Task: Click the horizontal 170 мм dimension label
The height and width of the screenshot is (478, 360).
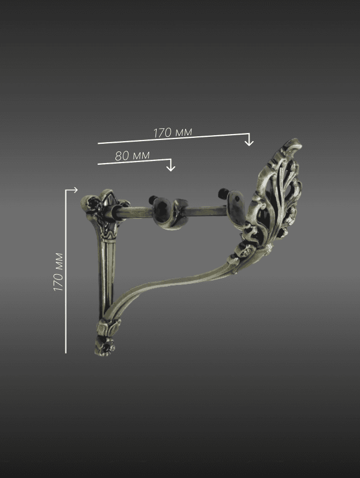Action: click(173, 133)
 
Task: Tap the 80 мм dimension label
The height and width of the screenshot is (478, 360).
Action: click(133, 156)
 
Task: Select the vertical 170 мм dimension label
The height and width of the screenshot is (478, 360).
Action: click(58, 272)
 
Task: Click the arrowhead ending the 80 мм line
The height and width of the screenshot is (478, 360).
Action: click(171, 167)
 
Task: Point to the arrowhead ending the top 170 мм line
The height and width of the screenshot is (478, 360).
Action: click(249, 142)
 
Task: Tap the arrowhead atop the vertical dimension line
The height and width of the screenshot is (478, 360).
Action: click(75, 190)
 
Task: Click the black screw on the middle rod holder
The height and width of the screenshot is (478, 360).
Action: click(152, 200)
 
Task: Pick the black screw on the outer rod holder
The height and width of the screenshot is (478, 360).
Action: click(223, 193)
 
